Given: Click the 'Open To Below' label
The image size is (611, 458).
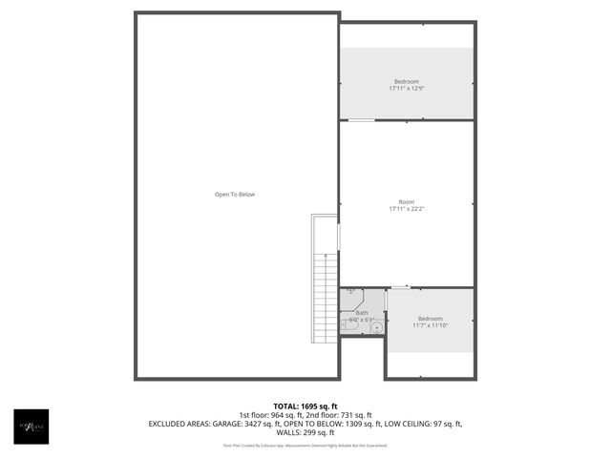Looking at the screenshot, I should click(x=235, y=195).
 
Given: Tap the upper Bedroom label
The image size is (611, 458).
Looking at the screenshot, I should click(x=406, y=81).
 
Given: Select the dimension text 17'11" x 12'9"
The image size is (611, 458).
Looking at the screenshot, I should click(x=406, y=89).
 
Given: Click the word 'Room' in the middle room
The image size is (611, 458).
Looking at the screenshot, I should click(x=407, y=201).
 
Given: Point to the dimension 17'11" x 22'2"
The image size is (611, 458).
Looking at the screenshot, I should click(x=407, y=209).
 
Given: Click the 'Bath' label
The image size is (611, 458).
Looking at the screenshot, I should click(x=362, y=312).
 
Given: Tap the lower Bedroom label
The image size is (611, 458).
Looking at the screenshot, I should click(x=430, y=318).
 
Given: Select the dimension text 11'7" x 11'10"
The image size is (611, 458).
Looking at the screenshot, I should click(x=430, y=325).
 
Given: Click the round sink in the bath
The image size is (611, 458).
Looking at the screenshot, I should click(x=377, y=327).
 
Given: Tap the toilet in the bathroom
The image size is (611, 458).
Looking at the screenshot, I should click(x=348, y=326).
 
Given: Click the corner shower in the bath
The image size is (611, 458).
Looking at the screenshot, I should click(x=350, y=293).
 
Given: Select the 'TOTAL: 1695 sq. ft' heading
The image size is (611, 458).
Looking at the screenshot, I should click(x=305, y=406).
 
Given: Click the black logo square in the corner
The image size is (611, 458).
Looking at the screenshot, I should click(x=31, y=426).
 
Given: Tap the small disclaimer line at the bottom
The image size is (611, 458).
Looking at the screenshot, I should click(x=305, y=445).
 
